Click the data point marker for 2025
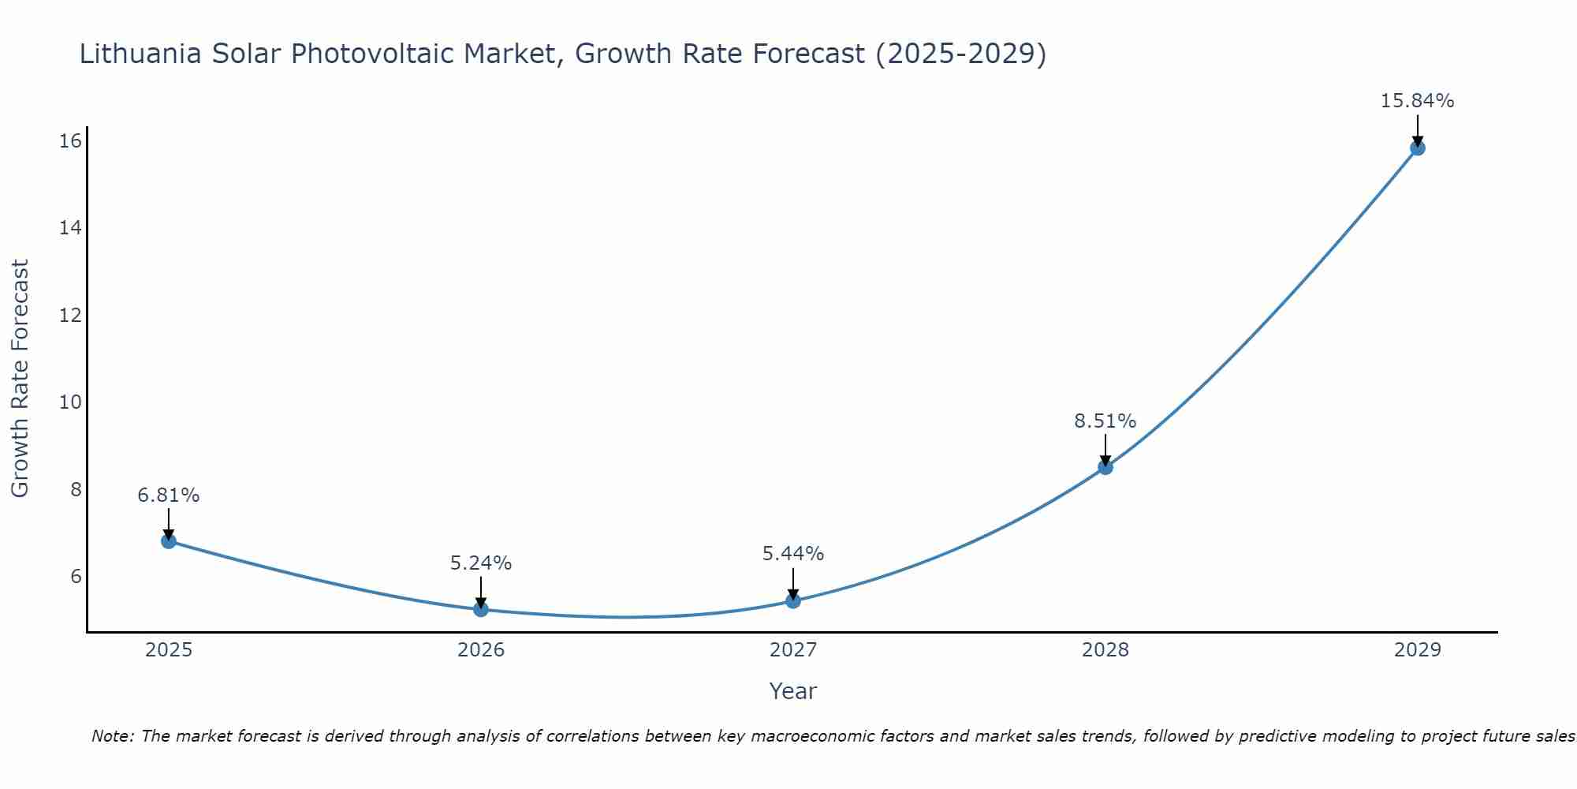[x=169, y=541]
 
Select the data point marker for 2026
[x=481, y=609]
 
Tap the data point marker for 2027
[x=793, y=600]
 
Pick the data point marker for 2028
[x=1105, y=467]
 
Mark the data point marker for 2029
[x=1417, y=148]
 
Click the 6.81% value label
[x=169, y=495]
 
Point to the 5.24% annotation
[x=481, y=563]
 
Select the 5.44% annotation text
[x=793, y=554]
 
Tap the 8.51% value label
[x=1105, y=421]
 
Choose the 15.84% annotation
[x=1417, y=101]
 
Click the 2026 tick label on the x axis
[x=481, y=650]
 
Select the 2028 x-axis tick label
[x=1105, y=650]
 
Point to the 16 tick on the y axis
[x=70, y=141]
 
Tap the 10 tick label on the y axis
[x=70, y=402]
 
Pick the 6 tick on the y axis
[x=76, y=576]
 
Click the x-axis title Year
[x=793, y=691]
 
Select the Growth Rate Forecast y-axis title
[x=20, y=379]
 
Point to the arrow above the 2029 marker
[x=1417, y=129]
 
